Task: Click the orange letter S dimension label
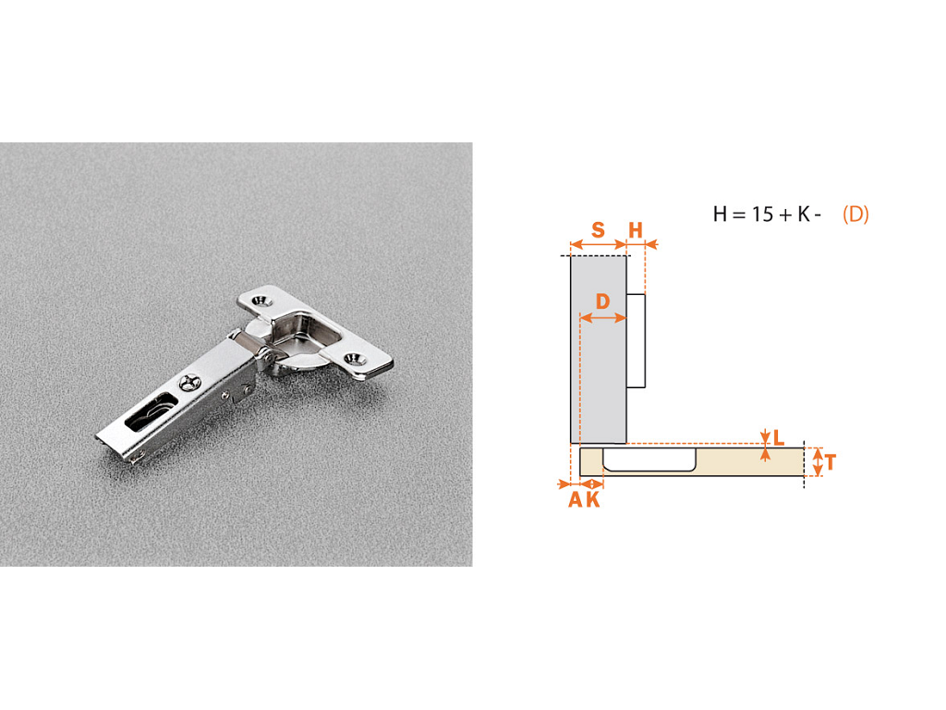pos(598,230)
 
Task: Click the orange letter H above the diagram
pos(636,230)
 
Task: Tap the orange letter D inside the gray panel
pos(602,301)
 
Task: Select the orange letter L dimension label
pos(778,437)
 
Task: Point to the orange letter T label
pos(831,463)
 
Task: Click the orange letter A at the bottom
pos(576,499)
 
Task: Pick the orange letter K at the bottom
pos(593,499)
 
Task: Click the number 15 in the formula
pos(762,214)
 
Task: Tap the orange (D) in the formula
pos(855,214)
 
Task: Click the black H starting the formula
pos(720,214)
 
